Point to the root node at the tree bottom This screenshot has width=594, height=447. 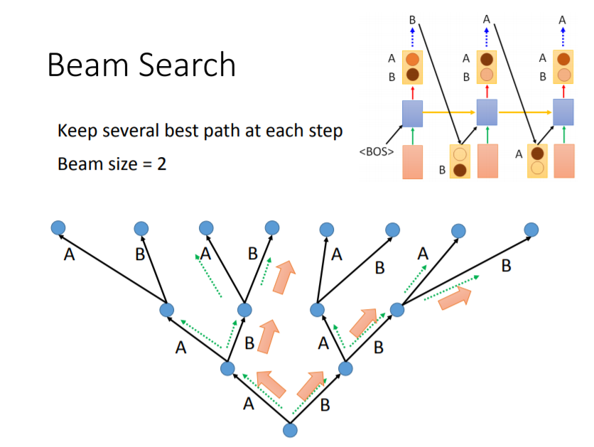click(290, 429)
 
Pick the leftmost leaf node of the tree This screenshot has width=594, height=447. click(58, 227)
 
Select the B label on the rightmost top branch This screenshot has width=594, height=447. click(506, 266)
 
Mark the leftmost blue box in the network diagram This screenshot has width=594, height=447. click(412, 113)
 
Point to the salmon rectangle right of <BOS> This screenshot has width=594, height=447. click(412, 161)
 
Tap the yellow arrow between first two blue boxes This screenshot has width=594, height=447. click(449, 112)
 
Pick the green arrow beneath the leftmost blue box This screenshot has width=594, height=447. click(412, 135)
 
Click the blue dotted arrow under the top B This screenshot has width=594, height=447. click(412, 37)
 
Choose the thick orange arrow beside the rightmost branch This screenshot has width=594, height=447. click(455, 298)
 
